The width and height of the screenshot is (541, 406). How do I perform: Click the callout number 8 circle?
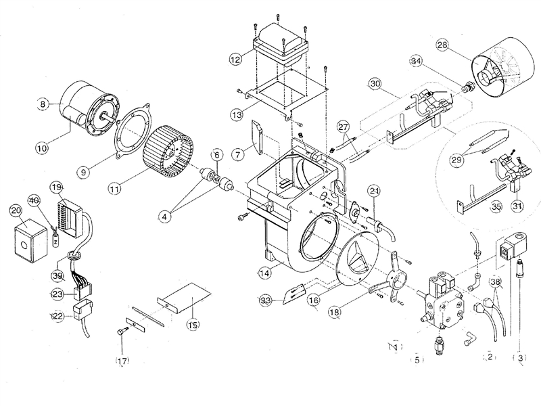[x=43, y=104]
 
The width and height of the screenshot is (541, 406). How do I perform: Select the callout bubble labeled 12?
[x=235, y=60]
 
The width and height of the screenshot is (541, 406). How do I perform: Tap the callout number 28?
[x=442, y=45]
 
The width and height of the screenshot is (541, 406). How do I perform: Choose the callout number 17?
[x=122, y=361]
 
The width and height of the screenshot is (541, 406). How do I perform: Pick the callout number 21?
[x=374, y=192]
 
